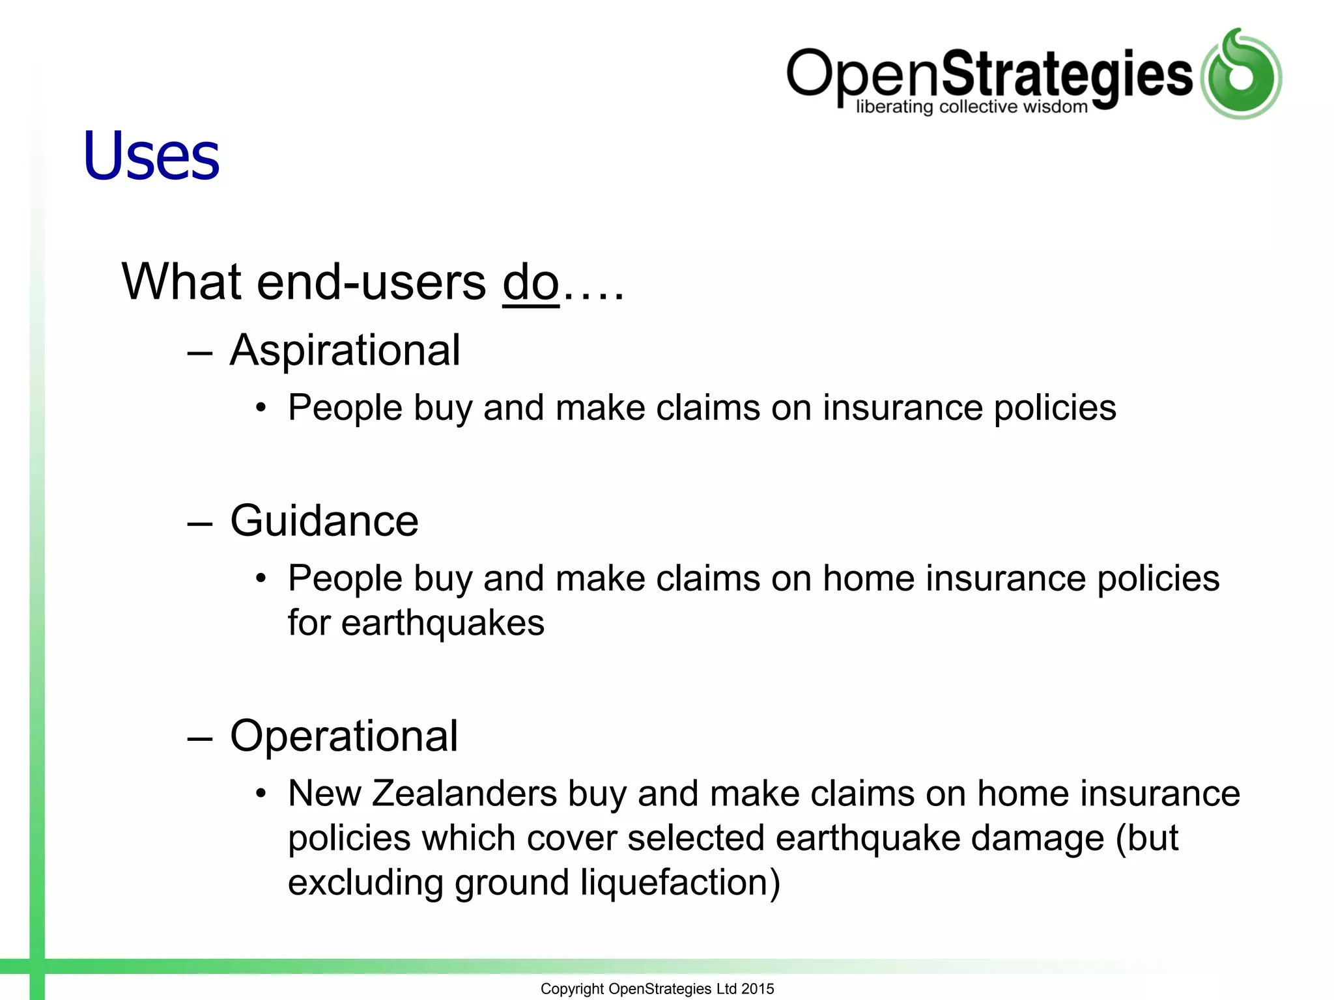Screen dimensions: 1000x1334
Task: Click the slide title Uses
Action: (x=151, y=156)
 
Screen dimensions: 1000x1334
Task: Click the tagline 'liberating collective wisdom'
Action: (x=971, y=107)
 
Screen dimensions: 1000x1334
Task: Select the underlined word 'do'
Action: (x=531, y=283)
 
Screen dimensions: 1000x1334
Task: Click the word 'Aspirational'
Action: (x=345, y=351)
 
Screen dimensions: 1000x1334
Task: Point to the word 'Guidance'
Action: (x=324, y=521)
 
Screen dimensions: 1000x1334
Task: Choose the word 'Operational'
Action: (x=344, y=736)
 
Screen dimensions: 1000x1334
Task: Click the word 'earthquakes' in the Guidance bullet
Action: (x=443, y=623)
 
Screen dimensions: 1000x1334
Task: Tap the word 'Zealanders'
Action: (x=464, y=794)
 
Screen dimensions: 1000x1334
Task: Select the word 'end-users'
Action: (x=371, y=283)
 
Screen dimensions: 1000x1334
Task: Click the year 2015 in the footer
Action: (x=758, y=989)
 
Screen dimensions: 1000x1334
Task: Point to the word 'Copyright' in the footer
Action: (x=572, y=989)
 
